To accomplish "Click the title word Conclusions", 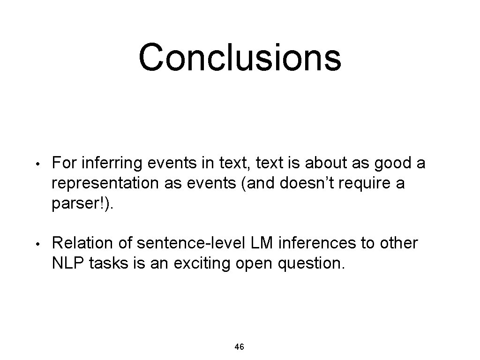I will [240, 57].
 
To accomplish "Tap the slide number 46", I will [239, 347].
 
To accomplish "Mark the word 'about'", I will [323, 163].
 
